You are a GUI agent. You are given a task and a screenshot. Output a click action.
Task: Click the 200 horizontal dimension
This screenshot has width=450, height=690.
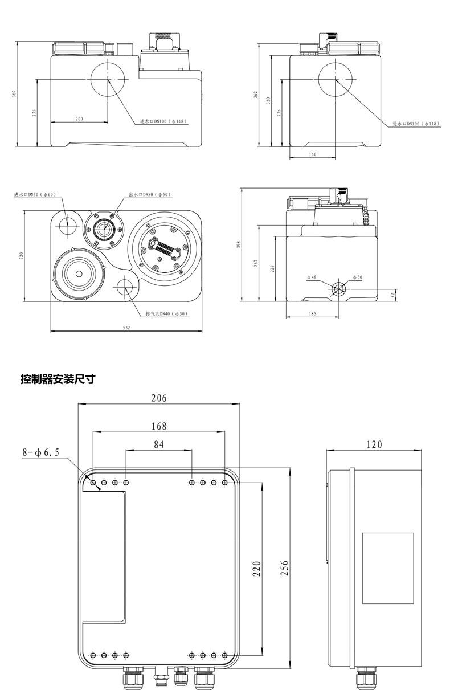tap(79, 119)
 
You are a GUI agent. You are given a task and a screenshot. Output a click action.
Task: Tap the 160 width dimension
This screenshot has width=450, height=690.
tap(312, 154)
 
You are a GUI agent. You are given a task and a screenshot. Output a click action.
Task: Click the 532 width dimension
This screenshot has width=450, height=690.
tap(126, 327)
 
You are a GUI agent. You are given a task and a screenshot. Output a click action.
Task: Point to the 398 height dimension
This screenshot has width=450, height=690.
tap(239, 244)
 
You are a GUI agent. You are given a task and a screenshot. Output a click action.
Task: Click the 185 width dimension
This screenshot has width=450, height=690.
tap(312, 314)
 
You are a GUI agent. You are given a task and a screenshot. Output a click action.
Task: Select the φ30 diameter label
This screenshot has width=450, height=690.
tap(357, 277)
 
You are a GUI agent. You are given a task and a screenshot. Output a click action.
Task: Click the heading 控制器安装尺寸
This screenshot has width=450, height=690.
tap(57, 379)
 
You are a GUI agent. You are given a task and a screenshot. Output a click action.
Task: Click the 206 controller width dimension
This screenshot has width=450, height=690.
tap(158, 398)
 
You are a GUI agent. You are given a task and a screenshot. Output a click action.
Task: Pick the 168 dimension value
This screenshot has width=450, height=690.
tap(158, 426)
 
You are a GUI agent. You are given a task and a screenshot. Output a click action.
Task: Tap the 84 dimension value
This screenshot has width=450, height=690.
tap(158, 444)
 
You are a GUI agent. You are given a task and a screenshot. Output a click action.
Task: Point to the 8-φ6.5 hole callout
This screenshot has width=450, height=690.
tap(40, 453)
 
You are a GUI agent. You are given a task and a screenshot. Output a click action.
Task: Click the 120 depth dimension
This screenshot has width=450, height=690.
tap(374, 444)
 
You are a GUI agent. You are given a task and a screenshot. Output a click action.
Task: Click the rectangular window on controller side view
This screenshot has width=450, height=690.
tap(388, 567)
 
